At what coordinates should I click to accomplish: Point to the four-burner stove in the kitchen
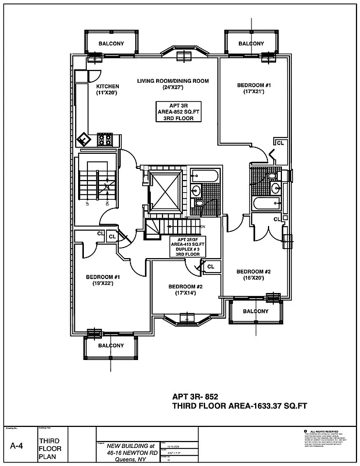[105, 139]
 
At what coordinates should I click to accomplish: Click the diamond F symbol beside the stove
[86, 140]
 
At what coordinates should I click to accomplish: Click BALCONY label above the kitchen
[111, 43]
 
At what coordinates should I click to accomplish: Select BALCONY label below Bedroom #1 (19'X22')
[111, 345]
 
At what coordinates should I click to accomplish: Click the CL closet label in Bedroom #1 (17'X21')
[280, 143]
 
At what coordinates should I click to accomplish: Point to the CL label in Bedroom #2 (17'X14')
[210, 267]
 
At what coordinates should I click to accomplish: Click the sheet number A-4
[17, 446]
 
